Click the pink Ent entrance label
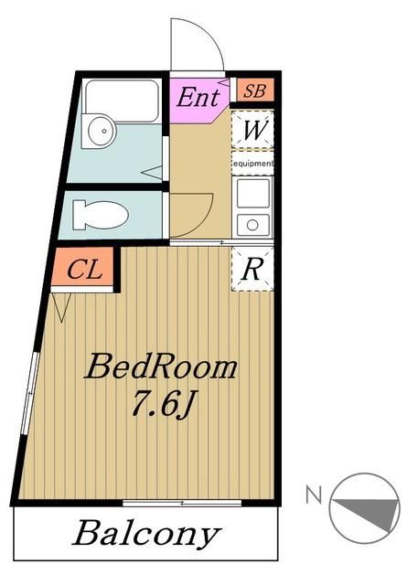(x=198, y=97)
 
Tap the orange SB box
(x=253, y=91)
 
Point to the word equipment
(x=252, y=164)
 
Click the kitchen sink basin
(x=252, y=193)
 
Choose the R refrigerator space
(x=252, y=269)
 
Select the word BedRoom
(x=161, y=368)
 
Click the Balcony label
(x=146, y=534)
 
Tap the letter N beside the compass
(x=313, y=496)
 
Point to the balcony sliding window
(x=182, y=503)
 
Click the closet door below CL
(x=63, y=306)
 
